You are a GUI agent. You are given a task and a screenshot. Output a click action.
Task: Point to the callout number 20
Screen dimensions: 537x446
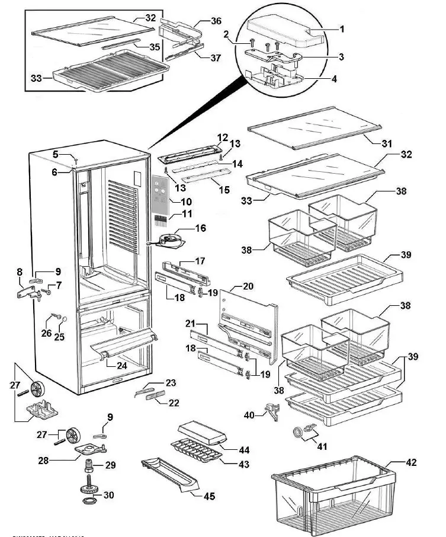pyautogui.click(x=248, y=286)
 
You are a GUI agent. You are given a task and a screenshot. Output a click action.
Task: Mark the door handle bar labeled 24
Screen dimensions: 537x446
pyautogui.click(x=124, y=344)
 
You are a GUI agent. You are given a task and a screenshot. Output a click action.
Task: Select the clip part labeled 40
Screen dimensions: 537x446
pyautogui.click(x=274, y=411)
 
